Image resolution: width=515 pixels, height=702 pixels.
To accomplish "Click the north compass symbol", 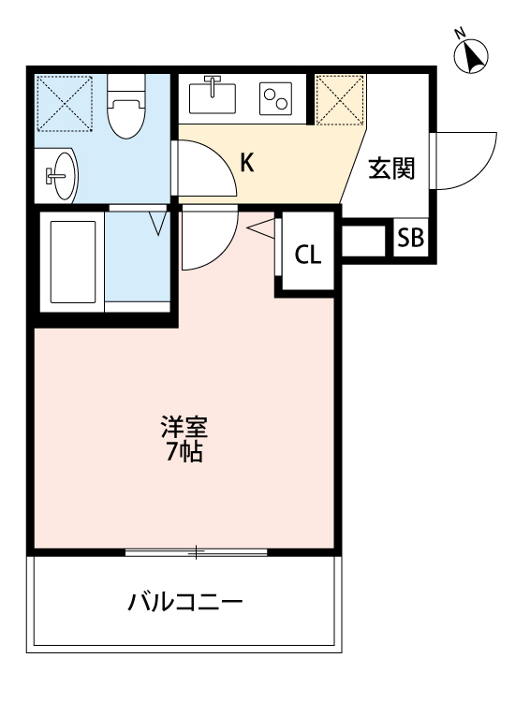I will click(x=473, y=55).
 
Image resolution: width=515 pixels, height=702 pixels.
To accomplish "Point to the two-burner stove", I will click(x=278, y=96).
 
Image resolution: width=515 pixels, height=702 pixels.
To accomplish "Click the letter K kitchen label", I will click(x=246, y=163).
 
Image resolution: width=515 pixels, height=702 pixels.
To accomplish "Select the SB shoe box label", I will click(x=410, y=238).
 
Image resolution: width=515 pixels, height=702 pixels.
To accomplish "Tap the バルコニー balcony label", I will click(x=185, y=601).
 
